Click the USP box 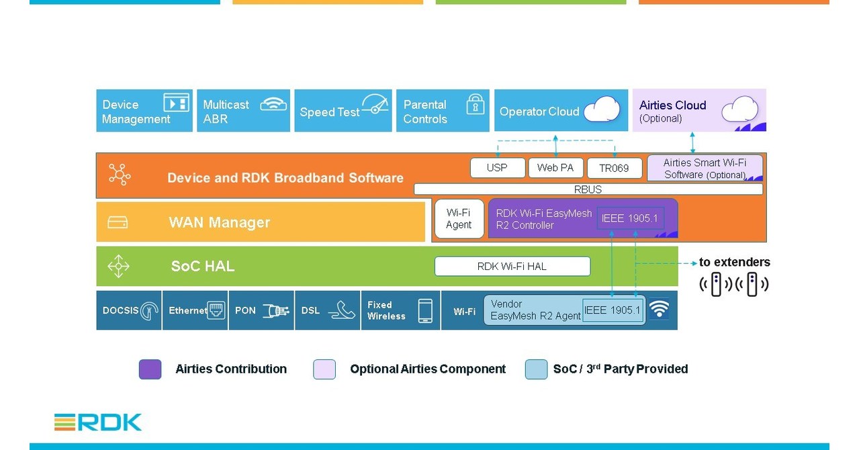[497, 168]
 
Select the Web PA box [555, 168]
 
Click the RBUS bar [588, 189]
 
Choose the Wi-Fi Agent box [459, 219]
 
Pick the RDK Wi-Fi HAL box [512, 266]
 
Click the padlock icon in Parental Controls [476, 104]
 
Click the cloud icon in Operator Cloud [601, 109]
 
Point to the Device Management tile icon [176, 103]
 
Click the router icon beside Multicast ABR [273, 104]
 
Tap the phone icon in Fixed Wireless [424, 310]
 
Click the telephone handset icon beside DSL [345, 310]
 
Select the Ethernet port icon [216, 310]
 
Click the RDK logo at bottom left [98, 422]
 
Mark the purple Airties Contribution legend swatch [150, 369]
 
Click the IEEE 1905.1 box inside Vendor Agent [613, 310]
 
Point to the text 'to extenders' [734, 262]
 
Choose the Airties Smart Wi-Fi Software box [705, 168]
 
